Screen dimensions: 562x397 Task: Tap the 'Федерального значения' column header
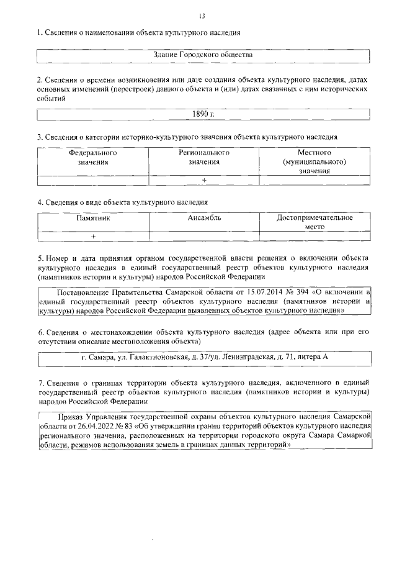93,157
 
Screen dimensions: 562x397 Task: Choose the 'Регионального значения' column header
204,157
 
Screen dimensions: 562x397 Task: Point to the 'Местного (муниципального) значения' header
314,161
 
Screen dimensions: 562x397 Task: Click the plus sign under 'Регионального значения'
204,180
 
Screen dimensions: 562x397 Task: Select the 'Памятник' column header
93,218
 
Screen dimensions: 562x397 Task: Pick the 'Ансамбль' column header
204,218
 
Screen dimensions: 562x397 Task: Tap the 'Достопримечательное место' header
314,222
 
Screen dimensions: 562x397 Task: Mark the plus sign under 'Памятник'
93,237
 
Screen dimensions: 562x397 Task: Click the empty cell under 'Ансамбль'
204,237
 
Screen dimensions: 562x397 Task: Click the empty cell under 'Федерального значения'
93,180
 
